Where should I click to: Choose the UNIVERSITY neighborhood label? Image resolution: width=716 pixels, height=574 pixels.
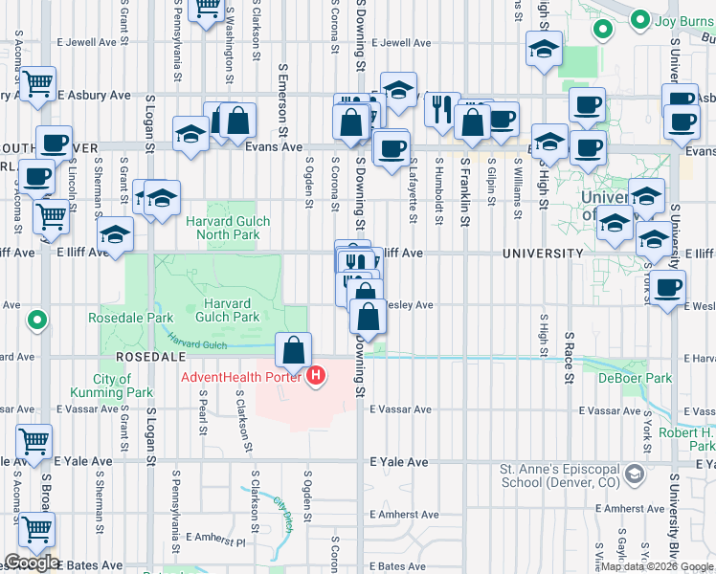(541, 254)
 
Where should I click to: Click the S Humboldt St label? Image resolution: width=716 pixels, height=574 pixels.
(439, 177)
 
